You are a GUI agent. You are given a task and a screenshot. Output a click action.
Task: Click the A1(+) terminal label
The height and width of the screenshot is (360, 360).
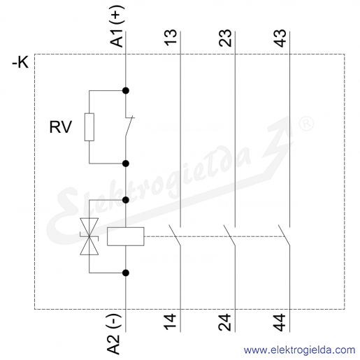tap(117, 26)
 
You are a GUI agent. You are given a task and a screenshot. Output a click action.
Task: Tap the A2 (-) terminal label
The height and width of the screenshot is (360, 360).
tap(114, 334)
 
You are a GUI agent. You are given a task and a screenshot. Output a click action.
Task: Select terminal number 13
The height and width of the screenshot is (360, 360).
tap(171, 37)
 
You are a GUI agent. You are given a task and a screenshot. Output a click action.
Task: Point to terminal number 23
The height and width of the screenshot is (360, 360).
tap(225, 38)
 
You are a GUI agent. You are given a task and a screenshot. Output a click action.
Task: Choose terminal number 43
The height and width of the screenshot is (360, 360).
tap(280, 38)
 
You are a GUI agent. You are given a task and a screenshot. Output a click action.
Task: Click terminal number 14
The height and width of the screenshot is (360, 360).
tap(171, 322)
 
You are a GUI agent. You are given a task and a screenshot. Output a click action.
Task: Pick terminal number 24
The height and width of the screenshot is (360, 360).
tap(225, 322)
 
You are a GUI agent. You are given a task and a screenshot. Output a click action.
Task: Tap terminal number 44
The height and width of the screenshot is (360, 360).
tap(280, 322)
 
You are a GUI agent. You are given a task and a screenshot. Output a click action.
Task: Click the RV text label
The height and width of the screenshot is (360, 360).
tap(60, 127)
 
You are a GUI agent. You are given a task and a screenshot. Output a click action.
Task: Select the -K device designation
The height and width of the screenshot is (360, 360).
tap(20, 62)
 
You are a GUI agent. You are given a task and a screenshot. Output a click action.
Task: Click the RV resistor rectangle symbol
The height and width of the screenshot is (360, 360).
tap(89, 127)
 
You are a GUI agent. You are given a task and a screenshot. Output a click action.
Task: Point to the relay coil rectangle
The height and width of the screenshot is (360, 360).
tap(126, 236)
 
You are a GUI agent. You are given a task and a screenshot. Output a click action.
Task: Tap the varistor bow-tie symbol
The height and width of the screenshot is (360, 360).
tap(89, 236)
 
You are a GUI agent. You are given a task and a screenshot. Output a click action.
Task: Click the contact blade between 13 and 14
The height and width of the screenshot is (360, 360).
tap(175, 236)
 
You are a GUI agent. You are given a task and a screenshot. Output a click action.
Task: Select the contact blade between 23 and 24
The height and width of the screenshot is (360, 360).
tap(229, 236)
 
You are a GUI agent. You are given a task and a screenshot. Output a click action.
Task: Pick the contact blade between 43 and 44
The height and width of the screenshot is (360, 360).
tap(284, 236)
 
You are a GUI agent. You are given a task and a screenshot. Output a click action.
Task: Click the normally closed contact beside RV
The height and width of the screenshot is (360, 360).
tap(129, 126)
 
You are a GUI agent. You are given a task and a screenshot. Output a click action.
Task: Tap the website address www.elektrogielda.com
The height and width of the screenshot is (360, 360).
tap(299, 350)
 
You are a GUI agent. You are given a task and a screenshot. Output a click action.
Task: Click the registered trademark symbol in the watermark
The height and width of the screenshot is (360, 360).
tap(306, 123)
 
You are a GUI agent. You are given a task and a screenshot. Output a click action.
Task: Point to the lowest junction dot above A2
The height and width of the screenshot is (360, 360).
tap(126, 273)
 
